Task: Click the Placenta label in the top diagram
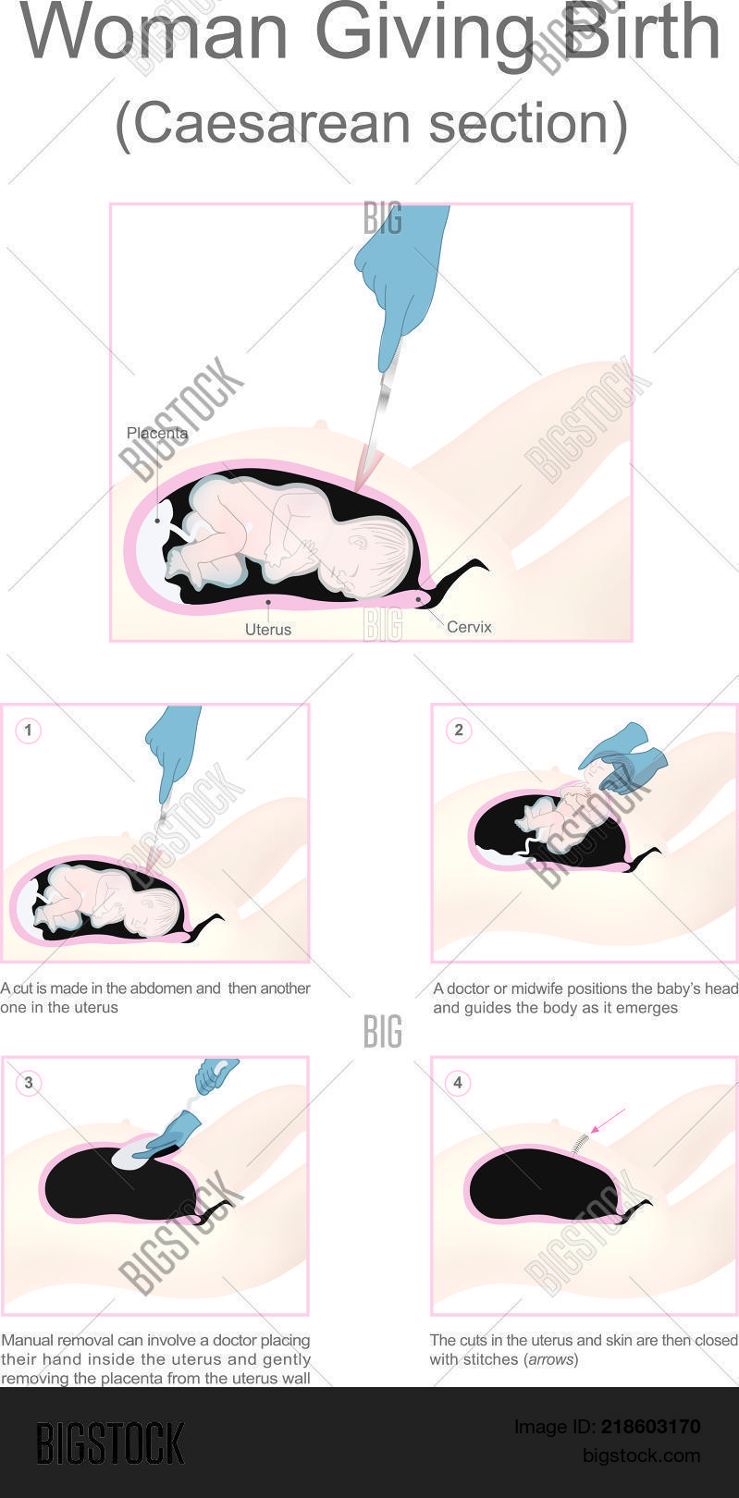[157, 433]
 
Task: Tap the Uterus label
[268, 630]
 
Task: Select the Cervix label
[469, 627]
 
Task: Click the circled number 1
[28, 731]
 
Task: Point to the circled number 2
[459, 731]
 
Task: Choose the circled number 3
[28, 1083]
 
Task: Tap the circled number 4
[458, 1083]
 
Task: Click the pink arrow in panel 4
[608, 1121]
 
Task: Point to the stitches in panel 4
[580, 1144]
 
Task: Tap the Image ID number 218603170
[651, 1427]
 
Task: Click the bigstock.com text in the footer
[641, 1455]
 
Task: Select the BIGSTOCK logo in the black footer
[110, 1443]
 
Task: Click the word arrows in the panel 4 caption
[551, 1359]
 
